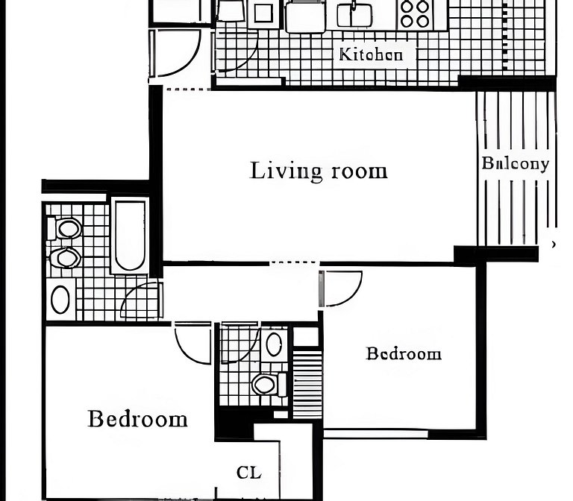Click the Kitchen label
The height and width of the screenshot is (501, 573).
tap(371, 54)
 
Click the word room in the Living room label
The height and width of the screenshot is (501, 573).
tap(359, 171)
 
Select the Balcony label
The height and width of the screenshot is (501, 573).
tap(516, 163)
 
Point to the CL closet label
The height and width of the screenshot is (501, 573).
tap(249, 473)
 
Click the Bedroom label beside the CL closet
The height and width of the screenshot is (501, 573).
tap(137, 419)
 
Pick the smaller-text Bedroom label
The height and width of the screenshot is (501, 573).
tap(404, 353)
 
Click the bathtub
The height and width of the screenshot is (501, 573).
tap(130, 236)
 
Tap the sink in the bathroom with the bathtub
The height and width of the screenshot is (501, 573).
tap(60, 300)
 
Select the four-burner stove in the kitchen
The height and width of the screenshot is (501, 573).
tap(415, 14)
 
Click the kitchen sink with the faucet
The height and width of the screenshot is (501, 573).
tap(354, 15)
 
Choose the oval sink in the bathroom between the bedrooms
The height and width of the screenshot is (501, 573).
tap(274, 344)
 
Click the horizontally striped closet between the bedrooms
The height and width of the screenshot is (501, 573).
tap(307, 384)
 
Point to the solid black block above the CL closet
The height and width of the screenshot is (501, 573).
tap(234, 425)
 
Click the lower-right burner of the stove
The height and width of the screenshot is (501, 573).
tap(423, 21)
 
